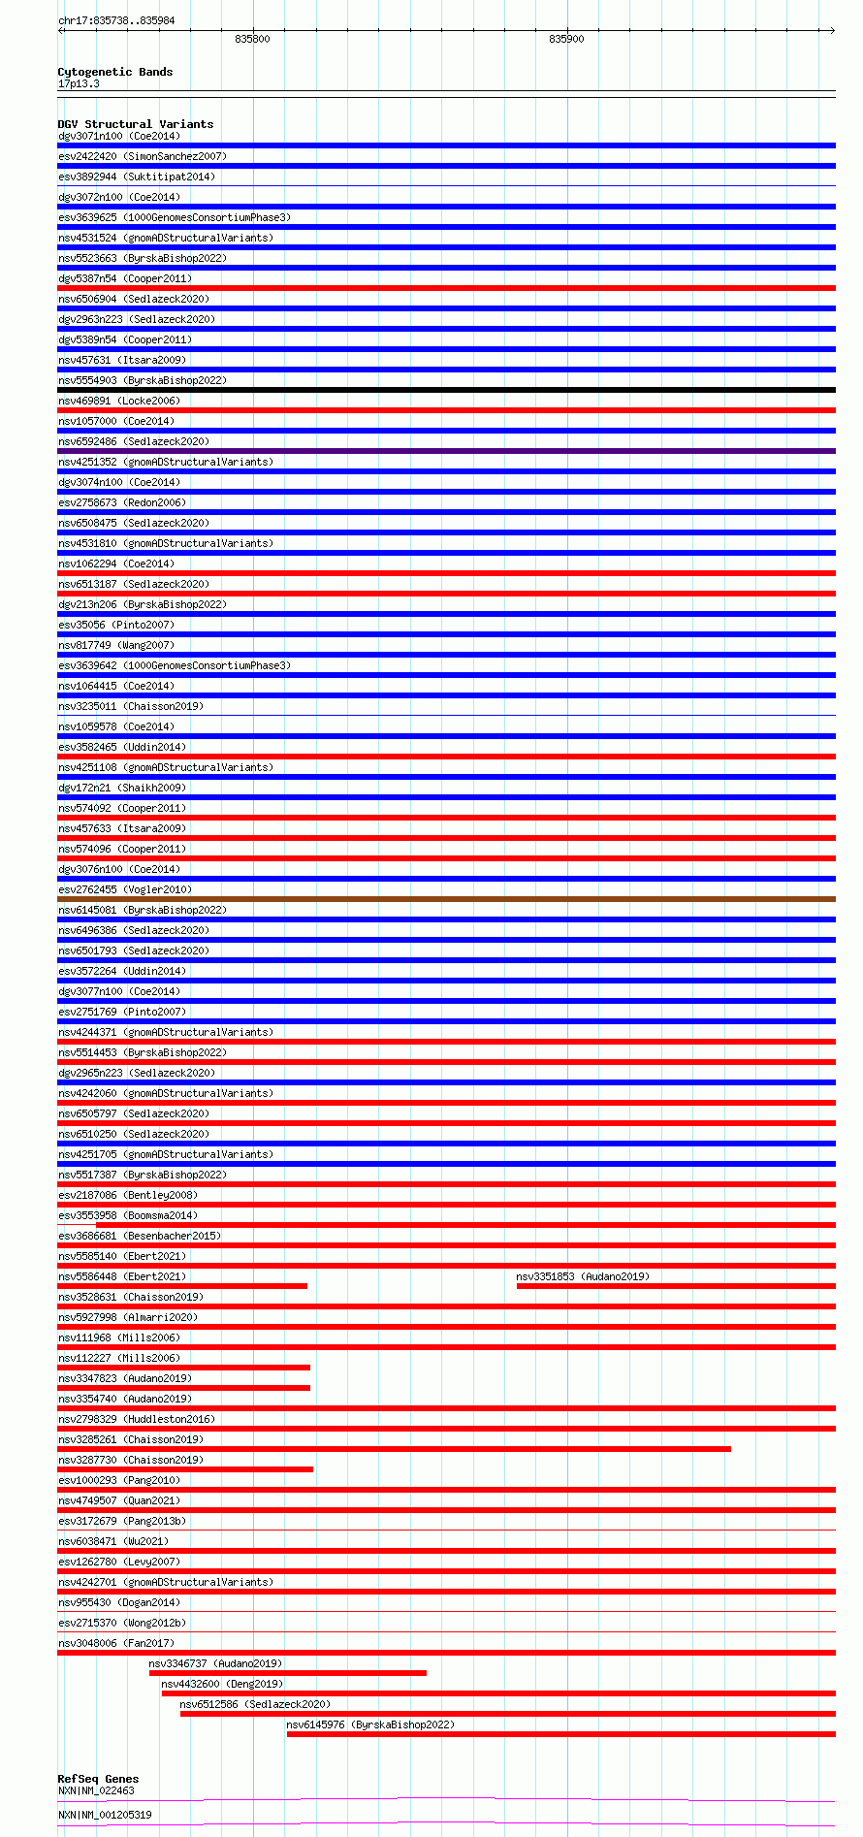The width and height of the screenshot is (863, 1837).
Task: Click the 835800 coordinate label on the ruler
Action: point(252,39)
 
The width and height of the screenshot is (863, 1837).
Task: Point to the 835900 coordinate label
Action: point(566,39)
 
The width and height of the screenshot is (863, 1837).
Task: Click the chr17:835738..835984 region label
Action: point(116,20)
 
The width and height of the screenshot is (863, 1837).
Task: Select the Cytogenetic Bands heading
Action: point(114,72)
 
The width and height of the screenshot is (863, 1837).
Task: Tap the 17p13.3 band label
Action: point(79,83)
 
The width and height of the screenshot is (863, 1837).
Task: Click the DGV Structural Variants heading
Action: point(135,124)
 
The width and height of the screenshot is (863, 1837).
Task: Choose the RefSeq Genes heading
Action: point(98,1779)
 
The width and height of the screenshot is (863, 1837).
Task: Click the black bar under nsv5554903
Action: point(446,390)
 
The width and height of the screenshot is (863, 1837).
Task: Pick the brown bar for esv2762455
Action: point(446,899)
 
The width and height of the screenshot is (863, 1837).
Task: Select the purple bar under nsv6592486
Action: point(446,451)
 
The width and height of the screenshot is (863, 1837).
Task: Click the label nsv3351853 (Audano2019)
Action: point(583,1276)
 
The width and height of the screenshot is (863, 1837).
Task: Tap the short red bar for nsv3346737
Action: point(287,1673)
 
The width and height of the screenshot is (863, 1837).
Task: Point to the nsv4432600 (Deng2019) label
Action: point(222,1684)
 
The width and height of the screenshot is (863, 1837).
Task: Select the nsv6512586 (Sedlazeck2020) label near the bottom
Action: point(255,1704)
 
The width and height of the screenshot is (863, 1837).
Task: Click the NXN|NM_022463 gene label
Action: point(96,1790)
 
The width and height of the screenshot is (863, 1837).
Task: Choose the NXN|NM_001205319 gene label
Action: point(105,1815)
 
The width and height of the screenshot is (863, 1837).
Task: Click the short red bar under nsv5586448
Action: point(182,1286)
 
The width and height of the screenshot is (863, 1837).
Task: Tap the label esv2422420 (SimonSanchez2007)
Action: point(143,156)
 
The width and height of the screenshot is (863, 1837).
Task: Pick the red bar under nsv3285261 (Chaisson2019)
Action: point(394,1449)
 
